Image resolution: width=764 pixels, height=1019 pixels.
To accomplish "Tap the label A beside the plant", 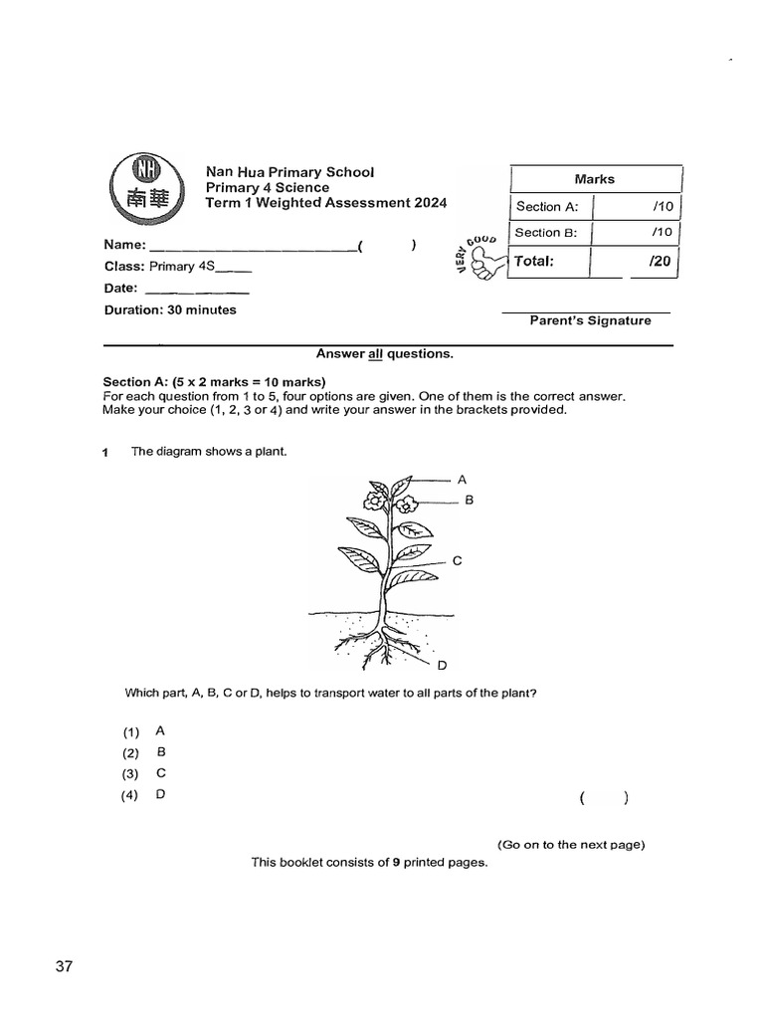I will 462,479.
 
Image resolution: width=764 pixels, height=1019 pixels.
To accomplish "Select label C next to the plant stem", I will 457,561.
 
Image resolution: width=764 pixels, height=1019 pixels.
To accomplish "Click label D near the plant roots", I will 442,666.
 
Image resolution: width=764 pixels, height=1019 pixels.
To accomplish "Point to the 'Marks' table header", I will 594,179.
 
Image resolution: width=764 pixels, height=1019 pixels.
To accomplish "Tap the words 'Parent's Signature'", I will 590,320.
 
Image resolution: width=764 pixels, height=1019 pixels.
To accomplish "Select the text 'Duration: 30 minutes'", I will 170,309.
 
